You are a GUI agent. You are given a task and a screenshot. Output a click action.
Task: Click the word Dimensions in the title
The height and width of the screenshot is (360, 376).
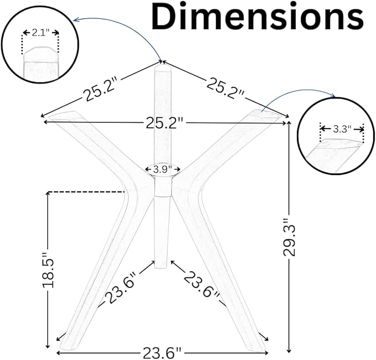pos(257,17)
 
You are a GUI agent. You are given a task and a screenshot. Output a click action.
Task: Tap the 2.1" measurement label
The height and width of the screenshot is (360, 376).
pos(40,33)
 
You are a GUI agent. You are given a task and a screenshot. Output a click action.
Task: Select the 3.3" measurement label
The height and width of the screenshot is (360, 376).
pos(342,130)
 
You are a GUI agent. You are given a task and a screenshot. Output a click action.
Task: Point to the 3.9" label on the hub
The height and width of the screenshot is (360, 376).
pos(163,169)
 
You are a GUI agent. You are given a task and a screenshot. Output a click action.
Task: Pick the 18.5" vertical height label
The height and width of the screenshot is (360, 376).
pos(48,269)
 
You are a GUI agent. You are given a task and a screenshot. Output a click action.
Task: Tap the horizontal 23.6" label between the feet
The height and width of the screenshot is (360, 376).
pos(162,353)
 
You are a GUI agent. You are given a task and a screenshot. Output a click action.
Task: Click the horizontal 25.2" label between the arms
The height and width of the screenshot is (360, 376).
pos(164,124)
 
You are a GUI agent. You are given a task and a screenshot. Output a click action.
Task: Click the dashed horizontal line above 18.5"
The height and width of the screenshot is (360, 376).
pos(86,192)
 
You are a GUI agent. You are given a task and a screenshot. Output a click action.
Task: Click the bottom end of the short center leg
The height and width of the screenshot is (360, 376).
pos(161,268)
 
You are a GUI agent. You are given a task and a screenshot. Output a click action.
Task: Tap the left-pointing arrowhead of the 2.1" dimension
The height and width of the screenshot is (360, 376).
pos(25,32)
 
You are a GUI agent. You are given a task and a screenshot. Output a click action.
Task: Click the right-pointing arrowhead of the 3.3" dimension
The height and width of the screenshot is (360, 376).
pos(362,130)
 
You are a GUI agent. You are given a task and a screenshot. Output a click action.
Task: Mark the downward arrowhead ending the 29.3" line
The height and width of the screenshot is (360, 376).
pos(289,351)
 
